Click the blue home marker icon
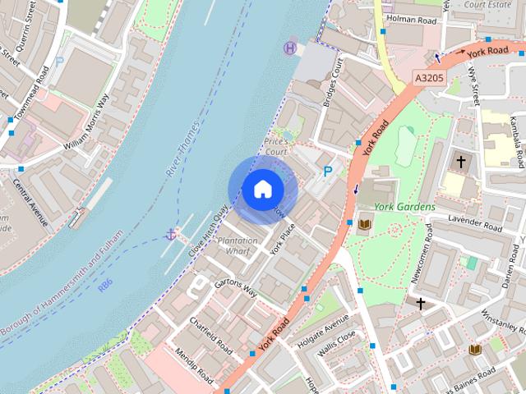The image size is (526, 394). coord(262,190)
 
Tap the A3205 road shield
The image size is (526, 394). coord(428,78)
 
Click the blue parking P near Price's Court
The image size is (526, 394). coord(328,172)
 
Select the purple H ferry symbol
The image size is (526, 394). coord(290,48)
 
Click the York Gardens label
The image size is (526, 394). coord(404,207)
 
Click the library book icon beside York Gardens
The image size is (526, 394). coord(365,224)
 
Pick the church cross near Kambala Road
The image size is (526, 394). coord(462,162)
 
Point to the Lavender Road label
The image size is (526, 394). coord(475,222)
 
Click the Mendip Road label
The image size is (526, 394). coord(196,366)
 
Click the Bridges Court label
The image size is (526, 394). coord(331,85)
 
